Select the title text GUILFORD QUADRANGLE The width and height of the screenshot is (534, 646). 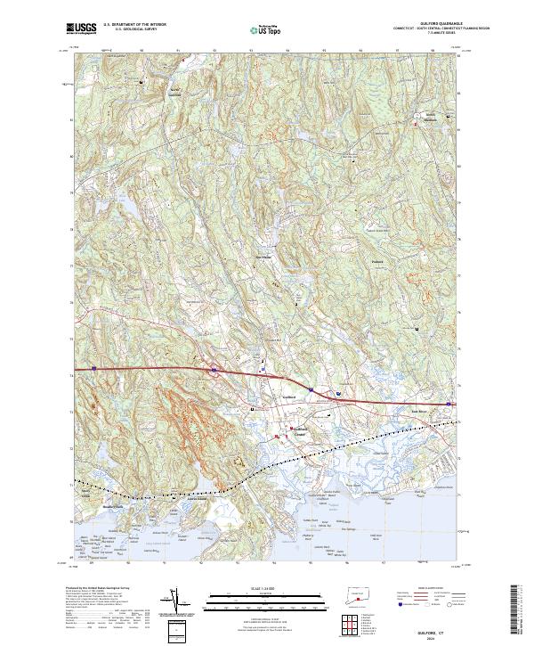433,24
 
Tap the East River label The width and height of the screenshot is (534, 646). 418,410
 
